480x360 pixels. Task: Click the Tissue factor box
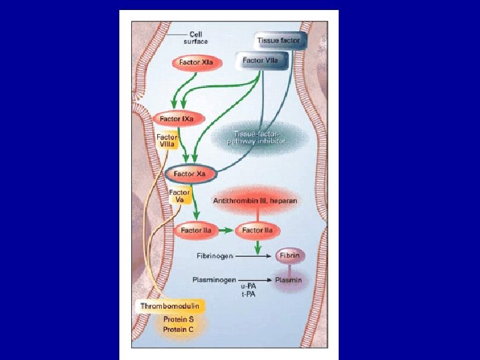[x=279, y=40]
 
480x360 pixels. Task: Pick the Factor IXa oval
[x=177, y=119]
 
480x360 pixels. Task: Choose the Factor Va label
[x=179, y=196]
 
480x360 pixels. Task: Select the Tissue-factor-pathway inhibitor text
[x=259, y=138]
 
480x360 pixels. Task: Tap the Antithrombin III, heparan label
[x=255, y=200]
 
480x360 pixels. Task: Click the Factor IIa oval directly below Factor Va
[x=197, y=231]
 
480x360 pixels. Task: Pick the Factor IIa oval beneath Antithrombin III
[x=257, y=231]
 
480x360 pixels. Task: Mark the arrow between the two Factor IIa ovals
[x=227, y=231]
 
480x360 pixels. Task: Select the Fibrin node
[x=289, y=255]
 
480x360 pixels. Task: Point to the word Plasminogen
[x=213, y=280]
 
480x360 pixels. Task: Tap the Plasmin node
[x=288, y=280]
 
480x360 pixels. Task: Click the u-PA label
[x=247, y=287]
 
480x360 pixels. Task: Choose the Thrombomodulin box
[x=169, y=306]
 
